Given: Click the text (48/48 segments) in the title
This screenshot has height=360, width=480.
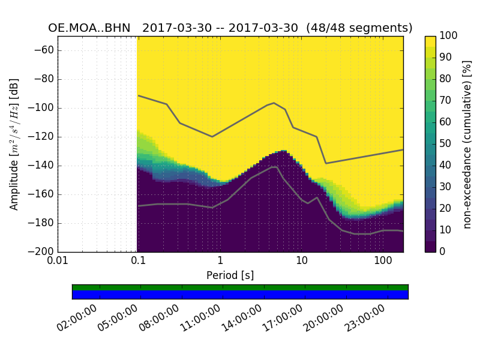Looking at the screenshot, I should [x=359, y=28].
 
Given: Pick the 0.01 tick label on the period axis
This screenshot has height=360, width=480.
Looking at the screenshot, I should [x=58, y=262].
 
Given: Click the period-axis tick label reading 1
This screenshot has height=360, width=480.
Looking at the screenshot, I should [x=220, y=262].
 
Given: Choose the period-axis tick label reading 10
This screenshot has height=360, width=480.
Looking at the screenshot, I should [x=302, y=262].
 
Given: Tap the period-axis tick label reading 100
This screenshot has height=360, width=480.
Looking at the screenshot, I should [x=383, y=262].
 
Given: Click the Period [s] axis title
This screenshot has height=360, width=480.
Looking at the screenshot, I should [x=230, y=275].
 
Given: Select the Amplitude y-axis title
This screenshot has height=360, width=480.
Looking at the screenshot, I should [x=14, y=144].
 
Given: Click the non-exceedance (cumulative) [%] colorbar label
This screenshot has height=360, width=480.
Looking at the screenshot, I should [x=468, y=144].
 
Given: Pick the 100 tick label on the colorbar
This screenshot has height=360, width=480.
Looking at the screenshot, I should [x=449, y=36].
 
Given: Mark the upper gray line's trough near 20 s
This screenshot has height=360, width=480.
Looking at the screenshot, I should [x=326, y=163].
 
